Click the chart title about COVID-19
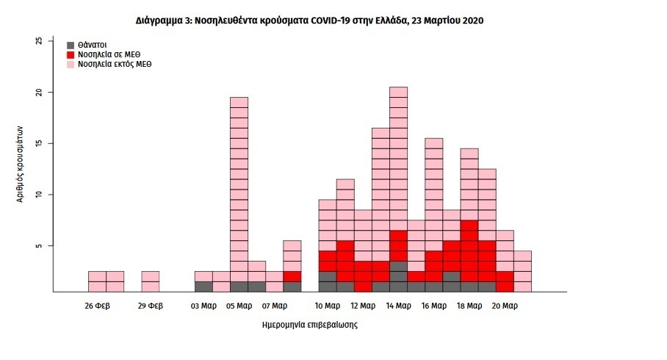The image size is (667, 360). coord(309,21)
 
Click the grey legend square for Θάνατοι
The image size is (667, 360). coord(71,45)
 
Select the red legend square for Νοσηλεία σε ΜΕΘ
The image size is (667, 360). coord(71,55)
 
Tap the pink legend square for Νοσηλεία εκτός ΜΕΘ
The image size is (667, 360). coord(71,65)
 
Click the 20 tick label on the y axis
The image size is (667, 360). coord(39,93)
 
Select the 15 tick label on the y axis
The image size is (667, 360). coord(39,143)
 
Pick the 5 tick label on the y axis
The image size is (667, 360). coord(39,246)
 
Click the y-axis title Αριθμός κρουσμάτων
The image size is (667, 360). coord(20,164)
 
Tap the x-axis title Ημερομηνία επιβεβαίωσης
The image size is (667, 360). coord(310,325)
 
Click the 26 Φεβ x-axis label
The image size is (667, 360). coord(98,306)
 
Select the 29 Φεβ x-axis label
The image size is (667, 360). coord(150,306)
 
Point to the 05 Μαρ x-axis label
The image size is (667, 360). coord(239,306)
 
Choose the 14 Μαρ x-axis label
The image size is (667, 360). coord(399,306)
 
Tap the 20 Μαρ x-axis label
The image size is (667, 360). coord(505,306)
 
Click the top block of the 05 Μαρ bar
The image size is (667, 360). coord(239,103)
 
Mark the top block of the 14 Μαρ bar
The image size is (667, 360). coord(399,93)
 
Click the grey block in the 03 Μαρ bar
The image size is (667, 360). coord(203,287)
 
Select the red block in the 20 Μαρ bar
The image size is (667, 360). coord(505,281)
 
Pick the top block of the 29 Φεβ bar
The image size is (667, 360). coord(150,276)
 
